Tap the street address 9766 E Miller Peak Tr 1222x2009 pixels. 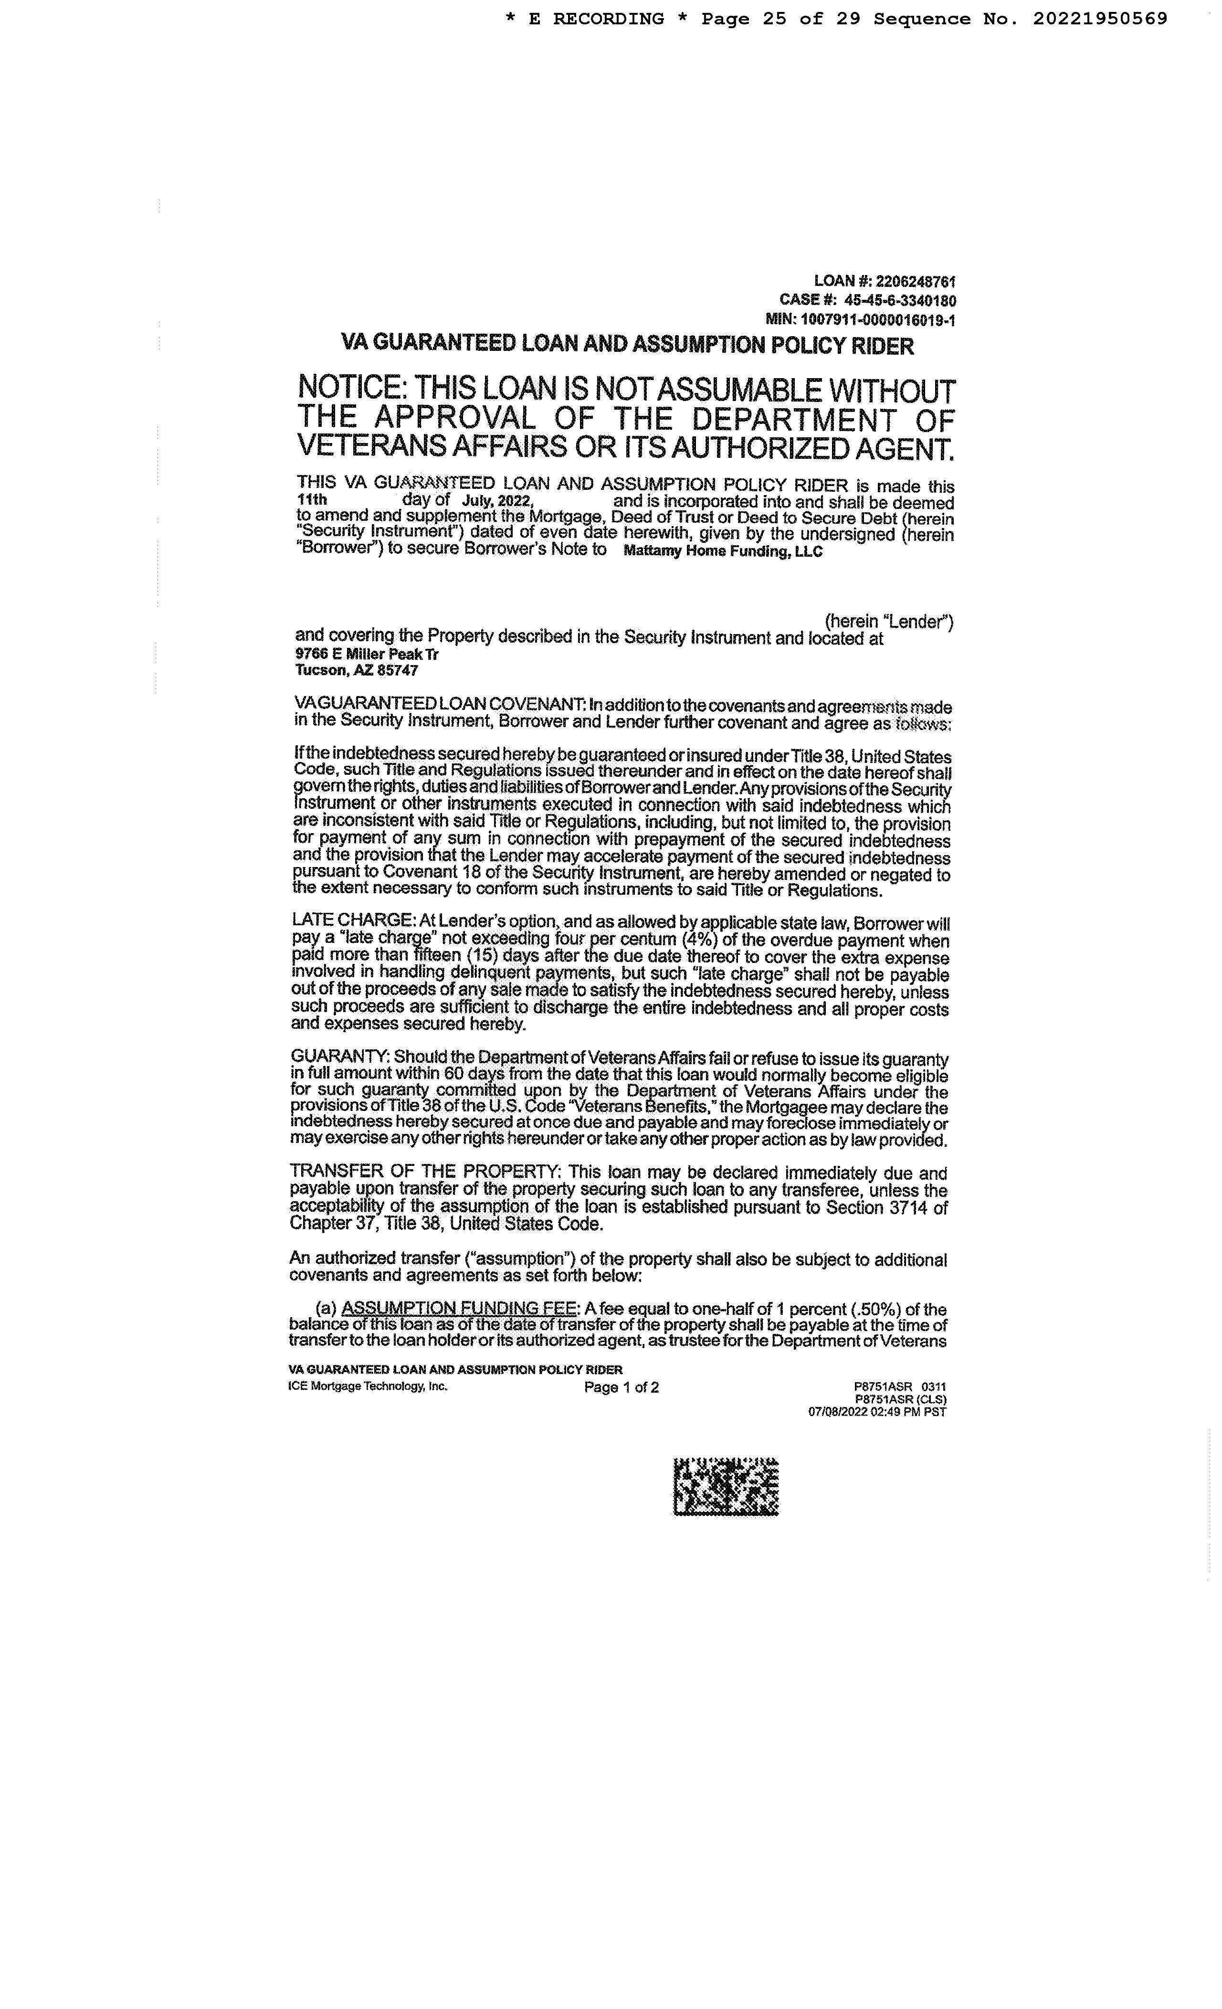pos(367,654)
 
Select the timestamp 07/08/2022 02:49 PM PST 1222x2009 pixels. pos(877,1411)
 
